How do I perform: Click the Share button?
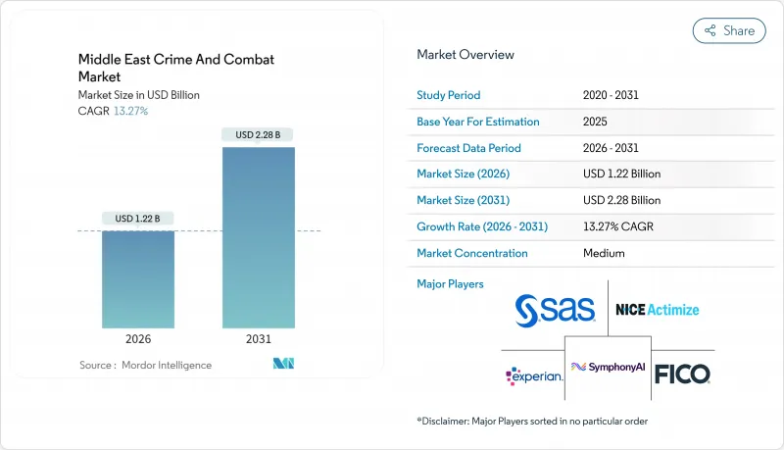point(729,30)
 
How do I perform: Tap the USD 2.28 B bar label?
point(258,134)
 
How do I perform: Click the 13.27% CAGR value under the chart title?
point(129,111)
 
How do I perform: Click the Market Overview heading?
point(465,55)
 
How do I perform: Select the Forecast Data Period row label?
point(468,148)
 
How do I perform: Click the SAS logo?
point(556,310)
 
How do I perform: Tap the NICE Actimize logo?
point(657,310)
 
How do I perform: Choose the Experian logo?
point(534,375)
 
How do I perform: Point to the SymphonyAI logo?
point(609,367)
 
